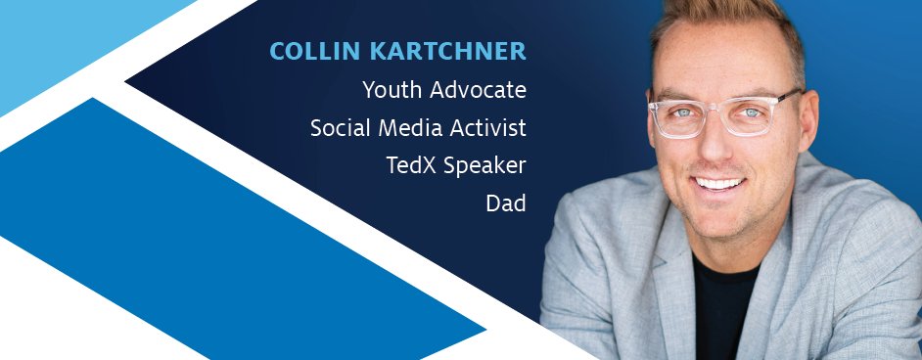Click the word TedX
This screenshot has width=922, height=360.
(411, 165)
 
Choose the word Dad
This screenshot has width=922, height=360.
(505, 203)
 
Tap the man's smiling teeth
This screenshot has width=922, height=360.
(719, 183)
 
